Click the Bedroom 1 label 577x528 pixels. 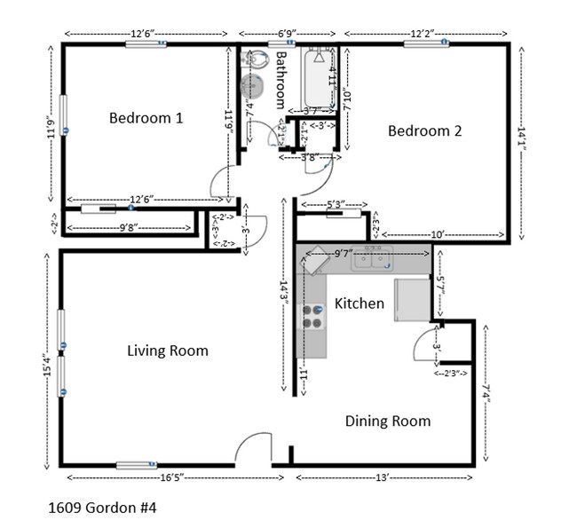tap(146, 117)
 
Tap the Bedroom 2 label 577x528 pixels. tap(424, 130)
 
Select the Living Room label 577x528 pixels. tap(168, 351)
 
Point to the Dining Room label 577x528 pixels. tap(387, 421)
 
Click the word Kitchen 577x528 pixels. tap(359, 303)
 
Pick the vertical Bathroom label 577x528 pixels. tap(281, 79)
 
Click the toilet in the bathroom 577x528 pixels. tap(257, 60)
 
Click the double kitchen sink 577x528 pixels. tap(371, 259)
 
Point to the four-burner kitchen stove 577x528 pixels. tap(312, 317)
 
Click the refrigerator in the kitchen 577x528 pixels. tap(412, 298)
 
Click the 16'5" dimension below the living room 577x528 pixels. tap(172, 477)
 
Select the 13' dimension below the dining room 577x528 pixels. tap(382, 477)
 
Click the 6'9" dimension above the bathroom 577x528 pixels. tap(286, 34)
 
